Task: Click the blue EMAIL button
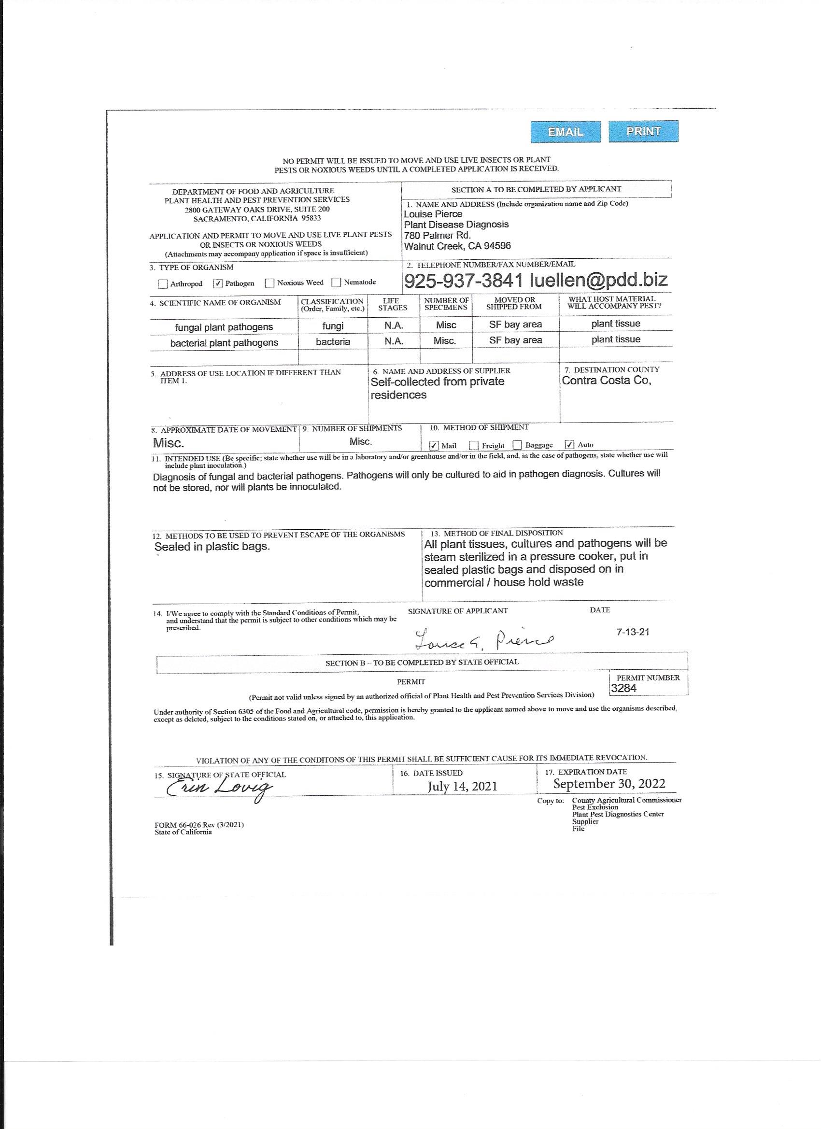click(565, 132)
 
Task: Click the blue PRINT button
click(643, 131)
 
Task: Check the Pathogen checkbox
click(218, 284)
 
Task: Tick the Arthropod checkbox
click(162, 284)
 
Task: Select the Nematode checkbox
click(336, 283)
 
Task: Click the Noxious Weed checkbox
click(270, 283)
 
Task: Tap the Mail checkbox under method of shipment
click(434, 445)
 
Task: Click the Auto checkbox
click(570, 445)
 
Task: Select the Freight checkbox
click(474, 445)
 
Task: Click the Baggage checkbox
click(517, 445)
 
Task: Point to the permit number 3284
click(623, 688)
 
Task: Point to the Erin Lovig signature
click(219, 788)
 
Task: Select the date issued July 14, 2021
click(463, 786)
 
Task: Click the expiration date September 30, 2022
click(609, 784)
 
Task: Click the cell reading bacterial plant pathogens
click(224, 343)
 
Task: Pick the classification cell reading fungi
click(333, 326)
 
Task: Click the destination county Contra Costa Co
click(607, 381)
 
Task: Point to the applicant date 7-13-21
click(632, 632)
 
